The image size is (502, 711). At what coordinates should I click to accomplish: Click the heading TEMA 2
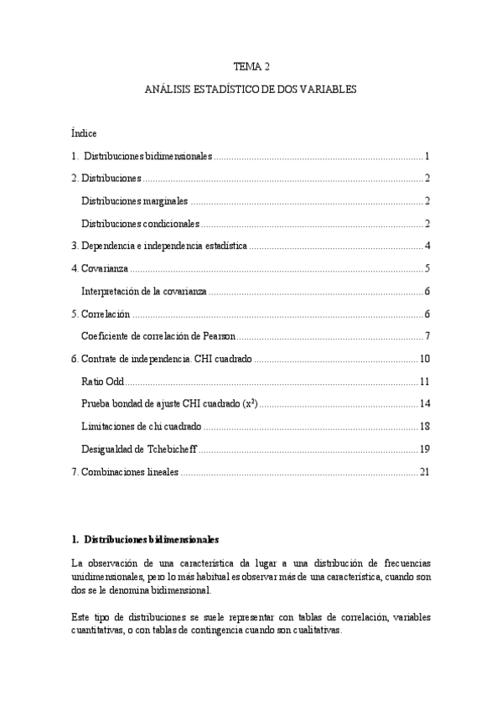(251, 65)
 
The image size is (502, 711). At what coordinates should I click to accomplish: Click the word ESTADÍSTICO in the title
(218, 88)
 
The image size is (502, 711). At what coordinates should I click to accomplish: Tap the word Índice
(85, 133)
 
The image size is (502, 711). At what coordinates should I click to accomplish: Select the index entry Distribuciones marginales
(135, 201)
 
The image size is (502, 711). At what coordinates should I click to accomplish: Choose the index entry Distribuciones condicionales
(141, 224)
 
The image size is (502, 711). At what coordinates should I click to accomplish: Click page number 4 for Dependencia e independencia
(427, 247)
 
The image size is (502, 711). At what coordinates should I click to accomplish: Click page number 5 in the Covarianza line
(427, 269)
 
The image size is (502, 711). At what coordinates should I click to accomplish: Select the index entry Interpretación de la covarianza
(144, 292)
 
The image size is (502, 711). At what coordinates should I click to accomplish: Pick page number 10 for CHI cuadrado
(424, 360)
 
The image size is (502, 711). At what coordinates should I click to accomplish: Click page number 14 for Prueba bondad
(424, 404)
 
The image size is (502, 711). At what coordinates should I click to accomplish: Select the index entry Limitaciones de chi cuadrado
(141, 427)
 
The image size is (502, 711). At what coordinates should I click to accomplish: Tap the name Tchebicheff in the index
(171, 449)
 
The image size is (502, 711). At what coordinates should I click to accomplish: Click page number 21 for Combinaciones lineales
(424, 472)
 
